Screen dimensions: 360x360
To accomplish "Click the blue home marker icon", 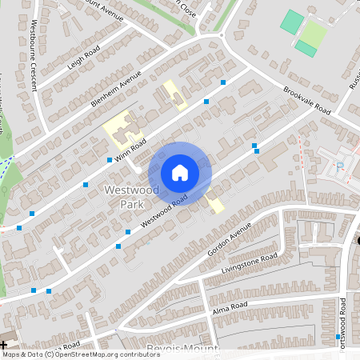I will (x=180, y=172).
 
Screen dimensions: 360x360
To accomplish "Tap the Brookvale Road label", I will (x=307, y=100).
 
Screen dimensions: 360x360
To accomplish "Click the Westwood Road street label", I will (x=165, y=210).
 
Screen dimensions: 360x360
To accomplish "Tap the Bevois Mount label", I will (x=184, y=349).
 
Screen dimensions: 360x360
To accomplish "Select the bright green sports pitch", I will (x=291, y=22).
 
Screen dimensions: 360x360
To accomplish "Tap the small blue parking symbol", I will (x=340, y=166).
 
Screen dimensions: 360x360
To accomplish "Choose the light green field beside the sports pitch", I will (x=314, y=34).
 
